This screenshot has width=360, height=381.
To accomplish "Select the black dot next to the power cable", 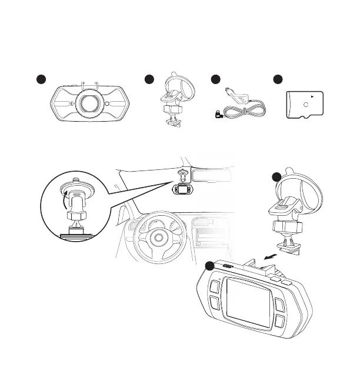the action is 215,80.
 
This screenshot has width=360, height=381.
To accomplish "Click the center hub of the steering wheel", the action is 158,237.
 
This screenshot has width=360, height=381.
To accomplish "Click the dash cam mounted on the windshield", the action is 182,190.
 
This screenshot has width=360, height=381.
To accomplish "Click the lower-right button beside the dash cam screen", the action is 279,321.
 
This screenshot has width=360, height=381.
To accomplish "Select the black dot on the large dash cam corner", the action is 209,266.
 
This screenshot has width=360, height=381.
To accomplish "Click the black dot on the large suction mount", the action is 276,178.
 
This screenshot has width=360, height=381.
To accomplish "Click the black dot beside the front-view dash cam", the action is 40,80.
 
